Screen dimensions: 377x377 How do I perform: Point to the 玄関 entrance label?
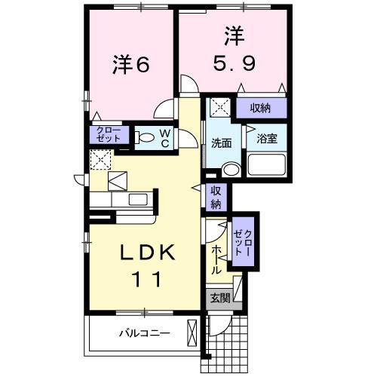point(220,298)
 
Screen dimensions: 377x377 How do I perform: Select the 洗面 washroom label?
point(222,143)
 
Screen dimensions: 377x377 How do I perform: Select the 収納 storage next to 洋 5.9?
point(261,108)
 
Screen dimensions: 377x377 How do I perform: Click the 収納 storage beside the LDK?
point(216,198)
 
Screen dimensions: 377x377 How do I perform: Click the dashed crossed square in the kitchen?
point(100,160)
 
